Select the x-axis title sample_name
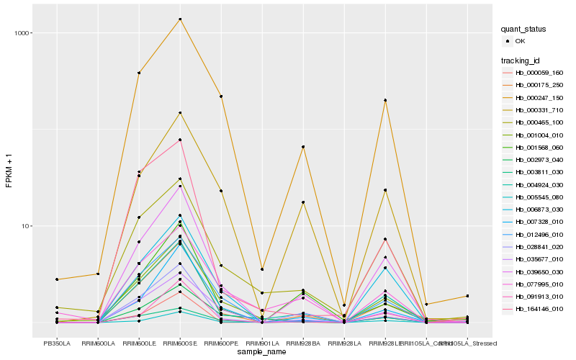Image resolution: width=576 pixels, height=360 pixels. coord(261,352)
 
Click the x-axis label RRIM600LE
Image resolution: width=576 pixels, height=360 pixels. coord(138,343)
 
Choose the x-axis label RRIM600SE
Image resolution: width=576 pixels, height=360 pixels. coord(179,343)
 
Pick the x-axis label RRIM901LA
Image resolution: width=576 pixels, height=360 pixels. coord(262,343)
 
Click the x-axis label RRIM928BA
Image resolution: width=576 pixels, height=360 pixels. coord(303,343)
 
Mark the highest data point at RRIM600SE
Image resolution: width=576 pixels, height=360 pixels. coord(180,19)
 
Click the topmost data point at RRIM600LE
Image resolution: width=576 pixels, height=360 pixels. coord(138,73)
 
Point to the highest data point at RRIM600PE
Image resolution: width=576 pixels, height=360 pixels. coord(221,96)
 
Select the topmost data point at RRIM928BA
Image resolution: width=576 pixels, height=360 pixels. coord(303,147)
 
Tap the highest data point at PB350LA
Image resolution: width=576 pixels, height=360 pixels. coord(56,279)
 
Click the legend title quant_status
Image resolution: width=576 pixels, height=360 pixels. coord(524,30)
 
